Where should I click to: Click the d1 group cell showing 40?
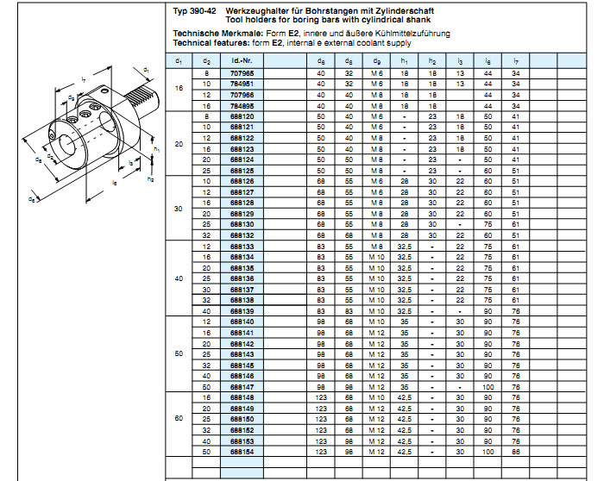[x=179, y=278]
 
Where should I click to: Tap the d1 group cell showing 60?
[x=179, y=418]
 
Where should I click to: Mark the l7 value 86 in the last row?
[x=515, y=451]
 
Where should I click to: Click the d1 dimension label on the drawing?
[x=146, y=69]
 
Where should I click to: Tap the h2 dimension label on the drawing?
[x=150, y=179]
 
